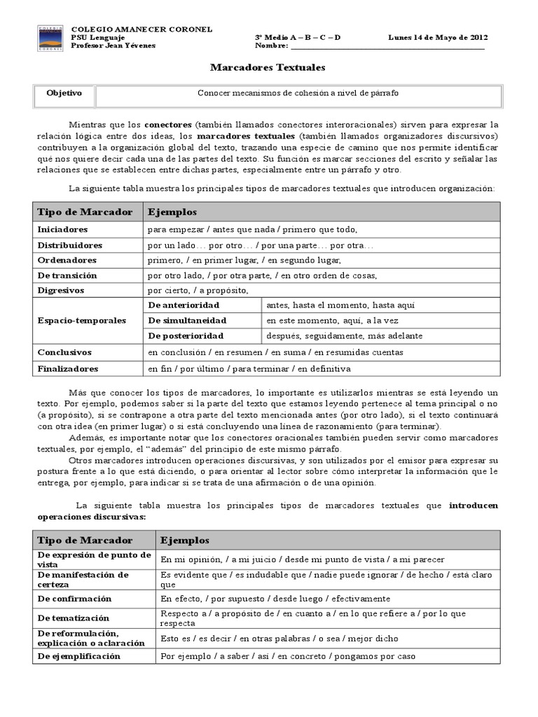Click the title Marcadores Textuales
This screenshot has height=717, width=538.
point(268,67)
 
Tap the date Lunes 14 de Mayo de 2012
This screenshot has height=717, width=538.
point(438,37)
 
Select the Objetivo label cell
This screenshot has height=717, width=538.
point(64,93)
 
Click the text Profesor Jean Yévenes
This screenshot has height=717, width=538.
point(113,46)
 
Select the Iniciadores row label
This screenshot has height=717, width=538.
point(62,229)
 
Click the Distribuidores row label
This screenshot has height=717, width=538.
point(69,245)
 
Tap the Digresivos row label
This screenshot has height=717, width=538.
point(61,290)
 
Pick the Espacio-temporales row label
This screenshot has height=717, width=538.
point(81,320)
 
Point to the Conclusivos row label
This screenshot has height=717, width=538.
point(64,352)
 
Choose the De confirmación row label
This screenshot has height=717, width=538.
point(74,599)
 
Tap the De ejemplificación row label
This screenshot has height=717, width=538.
point(78,656)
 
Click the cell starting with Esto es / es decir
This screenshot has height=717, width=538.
point(279,639)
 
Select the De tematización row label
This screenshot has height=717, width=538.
point(74,618)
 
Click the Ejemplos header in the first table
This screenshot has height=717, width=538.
point(172,211)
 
